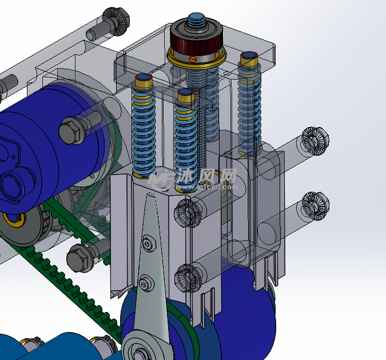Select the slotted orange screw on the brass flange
[x=193, y=58]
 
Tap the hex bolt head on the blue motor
[x=71, y=131]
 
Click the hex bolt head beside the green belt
[x=78, y=259]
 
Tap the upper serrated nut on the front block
[x=189, y=212]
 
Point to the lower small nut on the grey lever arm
[x=146, y=283]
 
